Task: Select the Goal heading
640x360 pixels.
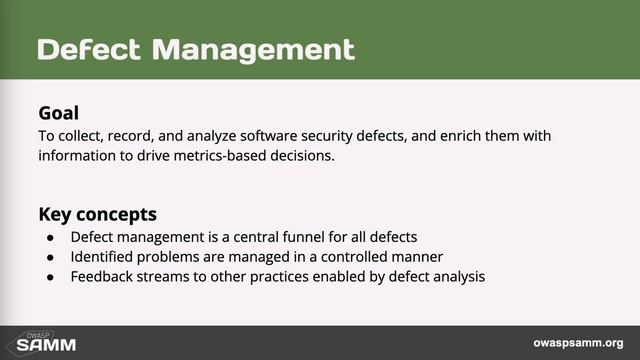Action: (58, 113)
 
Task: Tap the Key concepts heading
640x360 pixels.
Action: (97, 214)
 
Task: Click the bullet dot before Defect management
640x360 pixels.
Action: (51, 238)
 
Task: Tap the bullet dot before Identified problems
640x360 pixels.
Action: (51, 258)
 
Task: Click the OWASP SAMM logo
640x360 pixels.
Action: (39, 342)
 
